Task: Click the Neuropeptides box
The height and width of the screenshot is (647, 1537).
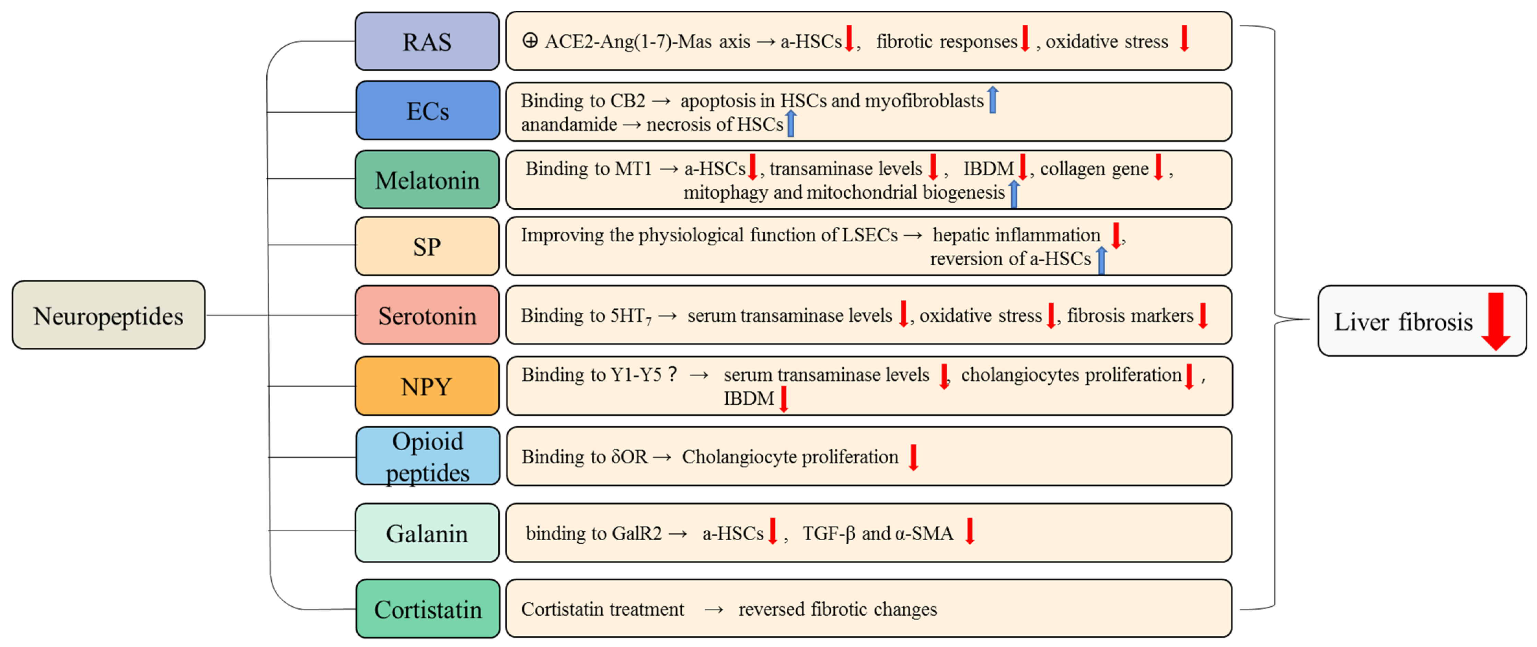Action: coord(108,315)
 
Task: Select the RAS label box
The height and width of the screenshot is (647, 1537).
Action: coord(427,41)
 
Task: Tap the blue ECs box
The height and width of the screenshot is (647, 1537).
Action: coord(427,111)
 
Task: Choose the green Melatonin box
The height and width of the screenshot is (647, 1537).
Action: coord(427,180)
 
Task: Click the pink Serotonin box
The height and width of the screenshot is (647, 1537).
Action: coord(427,315)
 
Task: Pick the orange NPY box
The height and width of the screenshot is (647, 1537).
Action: coord(427,386)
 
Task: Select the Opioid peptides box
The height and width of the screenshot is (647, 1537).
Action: coord(427,457)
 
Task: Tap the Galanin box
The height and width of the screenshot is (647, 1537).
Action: coord(427,533)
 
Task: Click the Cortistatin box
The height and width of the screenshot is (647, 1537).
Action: coord(427,609)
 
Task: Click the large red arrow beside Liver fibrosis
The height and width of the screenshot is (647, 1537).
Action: coord(1495,321)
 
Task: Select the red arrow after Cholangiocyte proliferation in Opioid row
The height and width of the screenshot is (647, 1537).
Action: coord(913,457)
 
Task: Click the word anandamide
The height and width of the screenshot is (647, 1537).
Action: coord(569,124)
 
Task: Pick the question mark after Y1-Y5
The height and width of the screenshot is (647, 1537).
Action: coord(672,374)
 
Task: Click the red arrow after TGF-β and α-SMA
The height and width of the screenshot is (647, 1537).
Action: coord(970,531)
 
